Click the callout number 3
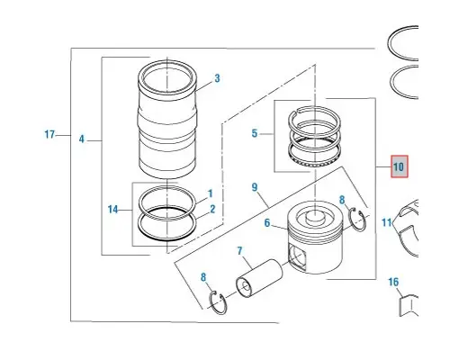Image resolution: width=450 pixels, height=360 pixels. (x=217, y=78)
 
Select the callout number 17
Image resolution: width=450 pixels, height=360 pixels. (x=49, y=135)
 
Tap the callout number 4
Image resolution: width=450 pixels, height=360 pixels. (x=81, y=139)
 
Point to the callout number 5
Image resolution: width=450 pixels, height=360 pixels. (x=255, y=134)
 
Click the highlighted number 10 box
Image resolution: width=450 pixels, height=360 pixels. (x=399, y=166)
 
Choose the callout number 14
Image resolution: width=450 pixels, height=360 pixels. (x=113, y=210)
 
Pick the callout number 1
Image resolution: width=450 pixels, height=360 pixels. (x=210, y=193)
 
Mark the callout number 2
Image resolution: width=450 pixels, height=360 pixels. (x=211, y=210)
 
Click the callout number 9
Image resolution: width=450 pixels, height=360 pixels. (x=255, y=188)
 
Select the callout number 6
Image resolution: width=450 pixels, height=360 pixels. (x=267, y=223)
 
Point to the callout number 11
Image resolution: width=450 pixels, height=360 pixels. (x=386, y=221)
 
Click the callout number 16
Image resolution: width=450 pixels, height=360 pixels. (x=393, y=282)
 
